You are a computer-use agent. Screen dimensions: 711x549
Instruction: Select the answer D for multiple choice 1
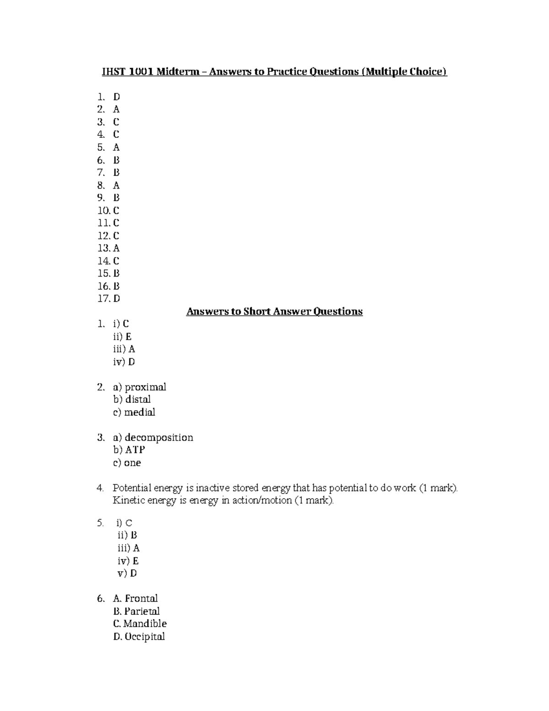(x=116, y=97)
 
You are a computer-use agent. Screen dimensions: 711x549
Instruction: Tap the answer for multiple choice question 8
(x=116, y=185)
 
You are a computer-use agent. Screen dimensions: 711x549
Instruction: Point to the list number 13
(x=104, y=248)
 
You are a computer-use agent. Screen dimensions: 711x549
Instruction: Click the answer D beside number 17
(x=116, y=299)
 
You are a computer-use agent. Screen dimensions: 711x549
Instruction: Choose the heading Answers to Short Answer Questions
(x=274, y=311)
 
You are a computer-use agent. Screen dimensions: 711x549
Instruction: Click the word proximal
(x=145, y=387)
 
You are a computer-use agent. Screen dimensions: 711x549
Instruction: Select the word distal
(x=138, y=399)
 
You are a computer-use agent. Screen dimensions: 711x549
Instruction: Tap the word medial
(x=140, y=412)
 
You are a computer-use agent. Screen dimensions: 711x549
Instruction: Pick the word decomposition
(x=159, y=437)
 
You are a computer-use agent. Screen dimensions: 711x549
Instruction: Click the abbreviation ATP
(x=135, y=450)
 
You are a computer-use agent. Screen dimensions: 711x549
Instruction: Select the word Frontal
(x=141, y=598)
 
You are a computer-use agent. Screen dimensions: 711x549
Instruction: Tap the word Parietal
(x=142, y=611)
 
